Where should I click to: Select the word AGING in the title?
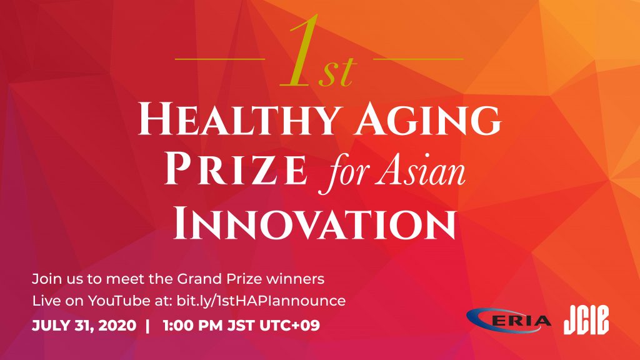(x=427, y=119)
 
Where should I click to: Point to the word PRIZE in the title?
(x=236, y=169)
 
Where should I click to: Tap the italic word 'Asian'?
(x=421, y=170)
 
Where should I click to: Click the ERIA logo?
(x=508, y=321)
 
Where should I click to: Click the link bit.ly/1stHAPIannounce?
(x=261, y=301)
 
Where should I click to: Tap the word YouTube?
(x=119, y=301)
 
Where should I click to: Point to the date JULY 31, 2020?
(x=84, y=326)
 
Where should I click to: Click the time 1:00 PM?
(x=192, y=326)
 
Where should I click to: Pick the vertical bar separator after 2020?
(x=147, y=326)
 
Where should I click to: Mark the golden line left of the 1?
(x=220, y=59)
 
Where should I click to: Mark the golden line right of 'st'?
(x=418, y=59)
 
